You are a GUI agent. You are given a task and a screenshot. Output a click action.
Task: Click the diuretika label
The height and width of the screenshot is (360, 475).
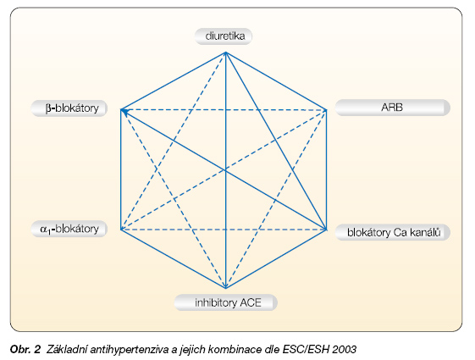(224, 36)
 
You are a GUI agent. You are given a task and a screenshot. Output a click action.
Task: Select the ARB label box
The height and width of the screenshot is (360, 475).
(393, 108)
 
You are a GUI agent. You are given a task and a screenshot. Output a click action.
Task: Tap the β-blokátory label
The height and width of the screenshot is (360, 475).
(69, 108)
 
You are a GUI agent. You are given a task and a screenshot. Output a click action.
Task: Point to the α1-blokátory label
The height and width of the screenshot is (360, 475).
(69, 229)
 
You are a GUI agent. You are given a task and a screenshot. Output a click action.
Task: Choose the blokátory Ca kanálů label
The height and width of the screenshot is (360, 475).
(393, 232)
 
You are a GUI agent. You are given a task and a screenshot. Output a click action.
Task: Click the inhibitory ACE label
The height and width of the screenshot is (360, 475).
(226, 302)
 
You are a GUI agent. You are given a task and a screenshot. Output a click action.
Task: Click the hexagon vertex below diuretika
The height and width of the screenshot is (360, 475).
(226, 53)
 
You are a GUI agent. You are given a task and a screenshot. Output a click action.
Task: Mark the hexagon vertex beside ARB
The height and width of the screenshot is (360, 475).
(326, 110)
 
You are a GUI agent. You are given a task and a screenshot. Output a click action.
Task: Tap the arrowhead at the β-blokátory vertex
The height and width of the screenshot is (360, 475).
(124, 112)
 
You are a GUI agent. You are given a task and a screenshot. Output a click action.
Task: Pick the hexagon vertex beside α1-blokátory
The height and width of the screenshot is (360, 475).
(121, 230)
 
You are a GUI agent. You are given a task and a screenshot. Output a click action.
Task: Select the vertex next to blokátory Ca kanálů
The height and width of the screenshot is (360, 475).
(326, 230)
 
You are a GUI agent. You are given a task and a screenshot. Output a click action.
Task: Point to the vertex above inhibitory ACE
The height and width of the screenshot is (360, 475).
(226, 287)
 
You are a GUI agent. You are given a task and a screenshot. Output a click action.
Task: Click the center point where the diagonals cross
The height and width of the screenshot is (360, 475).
(226, 170)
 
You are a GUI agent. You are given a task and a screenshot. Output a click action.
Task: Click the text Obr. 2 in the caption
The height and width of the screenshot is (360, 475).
(25, 349)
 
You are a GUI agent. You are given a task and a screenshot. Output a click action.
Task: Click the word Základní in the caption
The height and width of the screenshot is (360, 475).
(67, 349)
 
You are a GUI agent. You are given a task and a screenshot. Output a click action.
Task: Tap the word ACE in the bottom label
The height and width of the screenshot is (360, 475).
(251, 302)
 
